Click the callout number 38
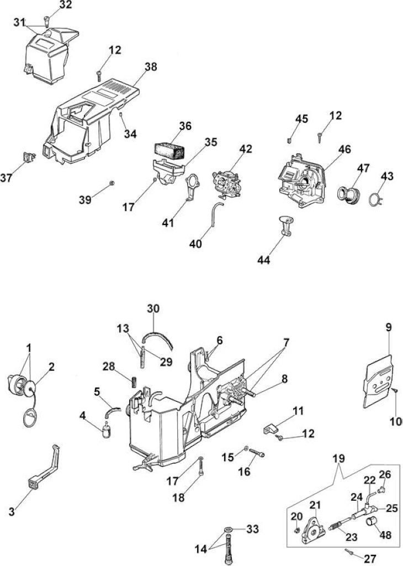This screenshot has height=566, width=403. tap(151, 67)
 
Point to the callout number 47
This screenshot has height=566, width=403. tap(363, 168)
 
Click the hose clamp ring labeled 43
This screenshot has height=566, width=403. tap(377, 198)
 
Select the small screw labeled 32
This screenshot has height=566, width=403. tap(47, 22)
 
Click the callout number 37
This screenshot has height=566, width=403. tap(7, 177)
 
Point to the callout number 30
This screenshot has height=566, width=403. tap(153, 308)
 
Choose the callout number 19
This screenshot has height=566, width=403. tap(339, 458)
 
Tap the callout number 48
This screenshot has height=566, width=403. tap(386, 534)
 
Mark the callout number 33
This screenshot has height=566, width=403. tap(253, 529)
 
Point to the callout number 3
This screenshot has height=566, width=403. tap(12, 511)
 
